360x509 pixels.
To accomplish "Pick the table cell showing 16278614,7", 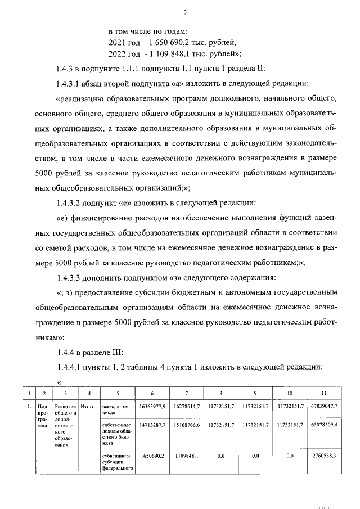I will pyautogui.click(x=187, y=406).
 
